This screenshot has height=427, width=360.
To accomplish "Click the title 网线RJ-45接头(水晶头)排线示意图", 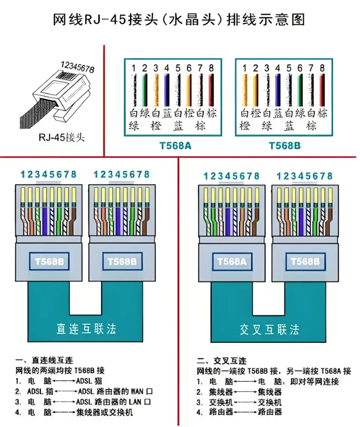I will pyautogui.click(x=179, y=20).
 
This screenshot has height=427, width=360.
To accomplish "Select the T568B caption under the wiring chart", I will pyautogui.click(x=284, y=146).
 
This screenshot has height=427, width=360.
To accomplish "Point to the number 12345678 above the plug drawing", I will pyautogui.click(x=77, y=67).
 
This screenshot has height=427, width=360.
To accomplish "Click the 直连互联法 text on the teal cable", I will pyautogui.click(x=86, y=328).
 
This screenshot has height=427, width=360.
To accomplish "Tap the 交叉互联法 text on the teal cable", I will pyautogui.click(x=269, y=329).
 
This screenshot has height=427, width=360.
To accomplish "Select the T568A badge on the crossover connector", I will pyautogui.click(x=231, y=261).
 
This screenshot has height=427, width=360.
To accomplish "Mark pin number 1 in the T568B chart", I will pyautogui.click(x=244, y=68).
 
